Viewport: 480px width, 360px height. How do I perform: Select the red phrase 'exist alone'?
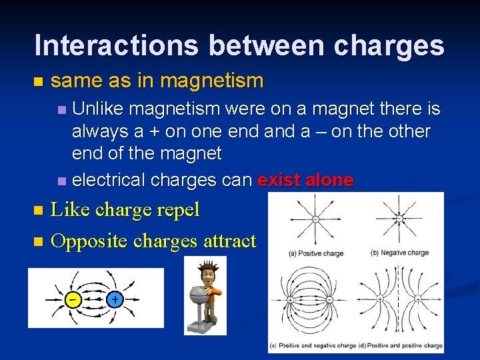click(305, 181)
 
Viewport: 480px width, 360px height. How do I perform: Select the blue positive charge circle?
click(115, 299)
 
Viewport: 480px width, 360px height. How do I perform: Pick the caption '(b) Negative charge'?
click(399, 253)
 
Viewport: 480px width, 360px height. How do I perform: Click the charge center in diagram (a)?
click(313, 218)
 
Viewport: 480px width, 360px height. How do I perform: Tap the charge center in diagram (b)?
click(399, 218)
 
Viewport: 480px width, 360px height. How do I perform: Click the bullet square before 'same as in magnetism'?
click(37, 82)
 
